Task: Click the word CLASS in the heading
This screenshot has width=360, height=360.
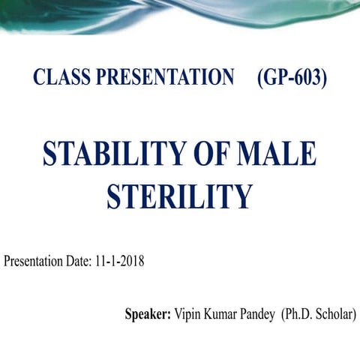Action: pos(57,78)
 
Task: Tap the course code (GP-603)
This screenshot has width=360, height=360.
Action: pos(292,78)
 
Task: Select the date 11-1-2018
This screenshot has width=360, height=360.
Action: pos(119,262)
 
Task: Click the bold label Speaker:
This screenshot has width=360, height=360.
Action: pos(148,314)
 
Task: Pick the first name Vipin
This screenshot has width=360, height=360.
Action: pos(188,314)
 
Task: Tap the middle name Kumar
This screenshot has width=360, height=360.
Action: pos(220,314)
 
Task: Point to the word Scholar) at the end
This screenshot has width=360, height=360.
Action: pos(336,314)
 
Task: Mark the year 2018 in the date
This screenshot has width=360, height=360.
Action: pos(131,262)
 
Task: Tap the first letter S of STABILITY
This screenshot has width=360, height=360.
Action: pos(50,154)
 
